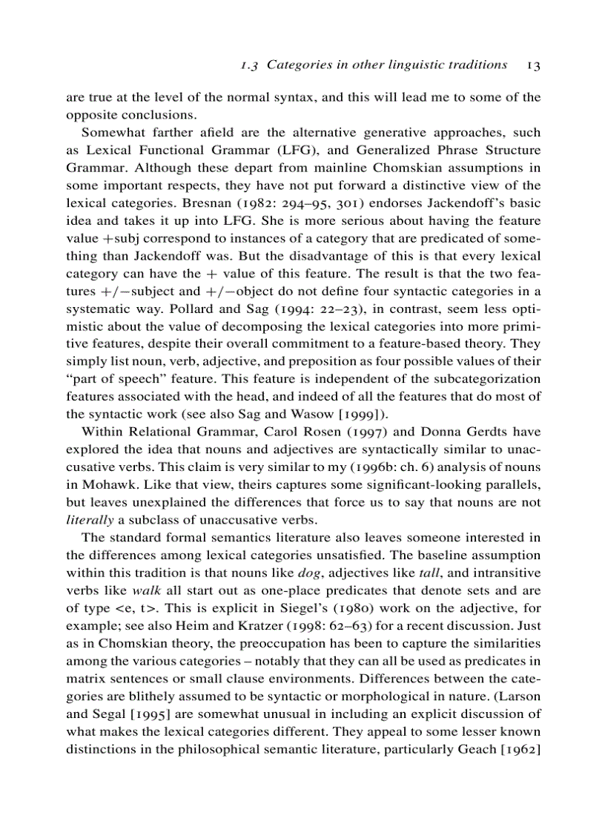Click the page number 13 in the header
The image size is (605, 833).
533,65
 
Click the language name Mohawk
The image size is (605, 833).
108,485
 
